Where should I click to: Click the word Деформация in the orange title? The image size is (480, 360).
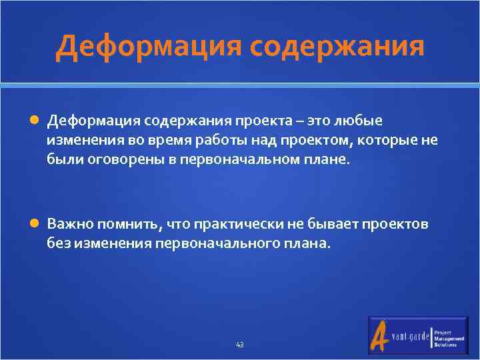pos(148,47)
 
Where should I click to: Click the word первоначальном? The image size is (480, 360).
pos(243,160)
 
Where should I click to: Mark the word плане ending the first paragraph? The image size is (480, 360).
pos(329,160)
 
